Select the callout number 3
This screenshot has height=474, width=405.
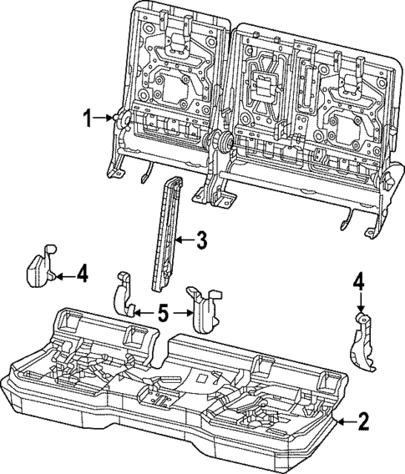tap(201, 242)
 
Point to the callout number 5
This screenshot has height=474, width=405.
tap(163, 314)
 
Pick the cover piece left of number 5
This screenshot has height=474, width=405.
tap(124, 298)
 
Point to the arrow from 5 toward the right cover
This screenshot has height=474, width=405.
tap(181, 314)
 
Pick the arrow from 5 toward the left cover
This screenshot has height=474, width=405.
tap(143, 313)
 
